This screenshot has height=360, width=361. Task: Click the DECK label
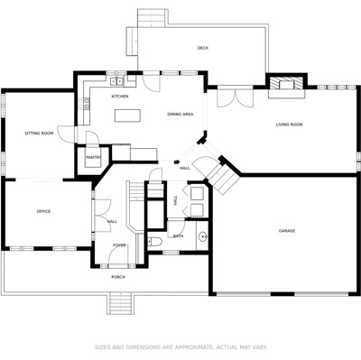tap(203, 48)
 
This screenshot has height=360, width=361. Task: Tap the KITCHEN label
tap(120, 97)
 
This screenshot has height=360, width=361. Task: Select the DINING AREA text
tap(180, 115)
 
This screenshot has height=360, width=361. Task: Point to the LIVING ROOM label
tap(289, 125)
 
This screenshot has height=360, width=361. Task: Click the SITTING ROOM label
tap(39, 133)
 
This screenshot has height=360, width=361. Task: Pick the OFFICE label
tap(43, 211)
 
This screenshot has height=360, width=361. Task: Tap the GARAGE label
tap(287, 231)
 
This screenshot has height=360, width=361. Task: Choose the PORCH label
tap(118, 277)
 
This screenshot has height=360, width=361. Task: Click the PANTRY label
tap(94, 157)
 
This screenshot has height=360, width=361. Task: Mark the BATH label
tap(178, 236)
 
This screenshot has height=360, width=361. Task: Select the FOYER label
tap(119, 245)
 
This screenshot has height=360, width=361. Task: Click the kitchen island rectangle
tap(127, 115)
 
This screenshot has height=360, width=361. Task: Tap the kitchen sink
tap(116, 80)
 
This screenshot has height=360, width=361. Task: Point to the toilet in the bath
tap(154, 241)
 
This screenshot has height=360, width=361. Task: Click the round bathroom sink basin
tap(202, 236)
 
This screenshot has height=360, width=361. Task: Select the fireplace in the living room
tap(286, 84)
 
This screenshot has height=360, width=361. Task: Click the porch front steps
tap(120, 303)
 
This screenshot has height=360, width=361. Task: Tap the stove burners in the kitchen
tap(87, 103)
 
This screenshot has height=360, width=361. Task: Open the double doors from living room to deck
tap(236, 97)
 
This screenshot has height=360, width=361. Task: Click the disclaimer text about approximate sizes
tap(180, 347)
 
